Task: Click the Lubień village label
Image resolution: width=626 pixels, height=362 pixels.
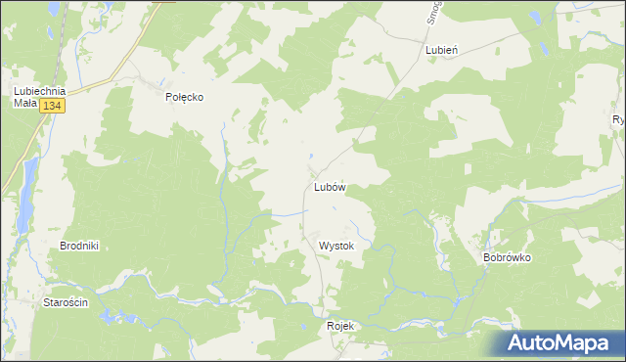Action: (x=442, y=48)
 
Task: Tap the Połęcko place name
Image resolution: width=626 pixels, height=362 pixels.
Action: (x=184, y=97)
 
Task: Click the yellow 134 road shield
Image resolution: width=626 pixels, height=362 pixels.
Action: (x=53, y=106)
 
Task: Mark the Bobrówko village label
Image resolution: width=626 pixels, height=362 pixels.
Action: (x=506, y=258)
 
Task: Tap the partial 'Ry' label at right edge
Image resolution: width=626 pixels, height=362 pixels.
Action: (x=618, y=120)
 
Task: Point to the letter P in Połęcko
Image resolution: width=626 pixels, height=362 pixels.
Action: (x=168, y=97)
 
